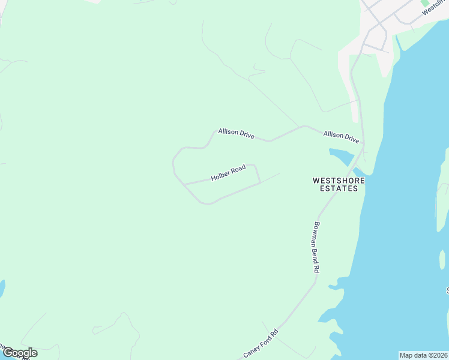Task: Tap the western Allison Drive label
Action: [x=237, y=133]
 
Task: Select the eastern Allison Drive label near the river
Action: [x=341, y=137]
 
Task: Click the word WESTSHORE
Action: [x=336, y=179]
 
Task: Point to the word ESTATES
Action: [x=338, y=188]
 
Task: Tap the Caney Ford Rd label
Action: [x=261, y=343]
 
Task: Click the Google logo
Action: [x=20, y=353]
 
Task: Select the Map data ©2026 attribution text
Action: [x=423, y=355]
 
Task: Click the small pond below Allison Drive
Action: [x=340, y=157]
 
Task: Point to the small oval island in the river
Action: [x=442, y=259]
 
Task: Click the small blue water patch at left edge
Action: [x=2, y=288]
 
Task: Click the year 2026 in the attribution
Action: [x=435, y=355]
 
